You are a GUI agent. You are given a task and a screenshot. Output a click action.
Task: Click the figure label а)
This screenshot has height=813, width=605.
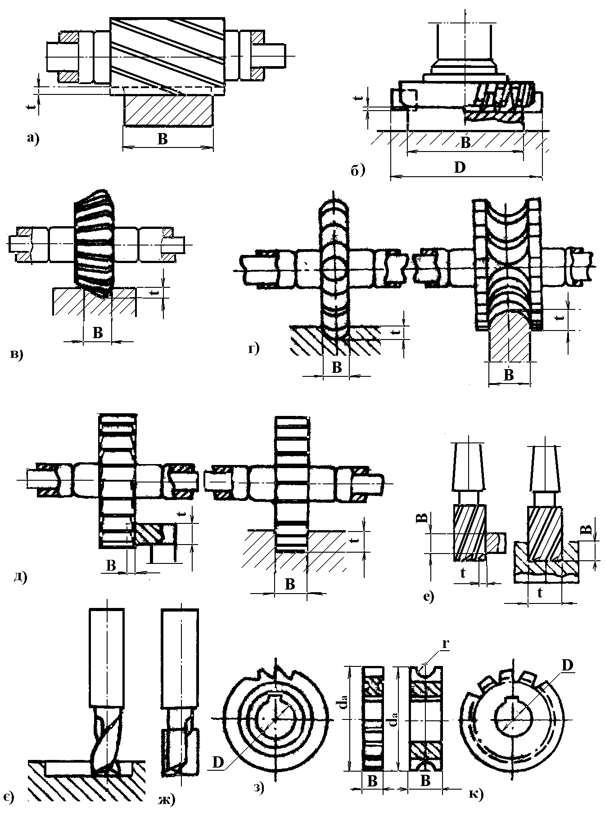[32, 139]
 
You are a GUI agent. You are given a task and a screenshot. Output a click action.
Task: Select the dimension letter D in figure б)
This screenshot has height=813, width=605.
[459, 168]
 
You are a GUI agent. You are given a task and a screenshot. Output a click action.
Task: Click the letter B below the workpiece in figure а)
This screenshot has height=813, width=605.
[163, 139]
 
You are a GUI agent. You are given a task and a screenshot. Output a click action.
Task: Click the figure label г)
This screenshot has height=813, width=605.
[254, 349]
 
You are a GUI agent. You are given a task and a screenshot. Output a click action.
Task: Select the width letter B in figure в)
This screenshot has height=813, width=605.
[97, 333]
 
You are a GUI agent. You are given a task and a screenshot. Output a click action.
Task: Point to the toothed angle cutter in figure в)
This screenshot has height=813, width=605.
[96, 243]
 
